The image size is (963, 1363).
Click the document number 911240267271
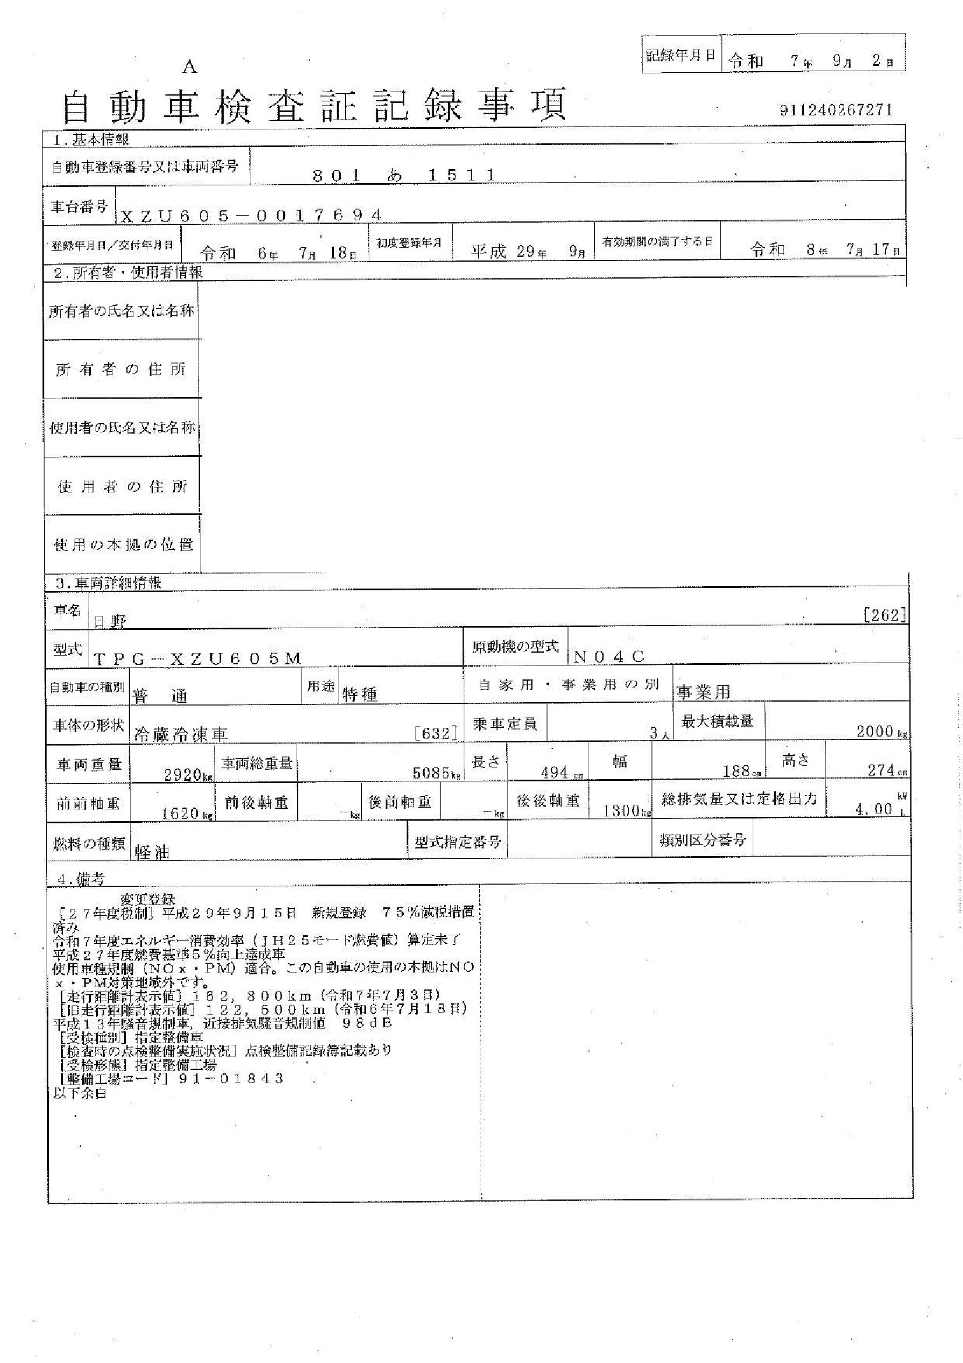(836, 110)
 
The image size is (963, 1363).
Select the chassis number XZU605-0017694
(251, 216)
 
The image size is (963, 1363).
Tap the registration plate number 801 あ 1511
(404, 175)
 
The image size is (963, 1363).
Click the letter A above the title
(189, 68)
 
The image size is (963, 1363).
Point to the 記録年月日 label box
(680, 56)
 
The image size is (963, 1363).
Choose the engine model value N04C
(609, 657)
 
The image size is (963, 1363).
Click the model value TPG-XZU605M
(198, 658)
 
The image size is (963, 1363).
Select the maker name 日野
(110, 621)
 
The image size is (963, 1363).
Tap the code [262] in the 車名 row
(885, 615)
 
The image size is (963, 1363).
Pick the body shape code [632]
(437, 734)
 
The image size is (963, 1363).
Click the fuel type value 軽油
(152, 852)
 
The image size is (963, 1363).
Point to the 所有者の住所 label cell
(121, 369)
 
